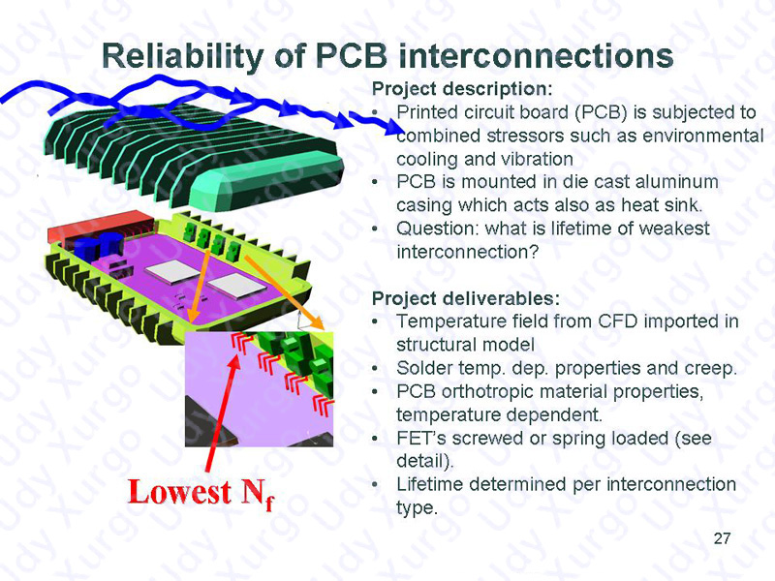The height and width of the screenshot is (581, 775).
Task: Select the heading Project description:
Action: [462, 89]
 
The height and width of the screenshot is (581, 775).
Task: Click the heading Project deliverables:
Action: [466, 298]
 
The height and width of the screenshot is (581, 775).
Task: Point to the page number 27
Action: [722, 538]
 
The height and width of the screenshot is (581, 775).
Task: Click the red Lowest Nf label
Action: [201, 494]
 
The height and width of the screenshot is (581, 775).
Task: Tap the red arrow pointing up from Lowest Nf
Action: [223, 413]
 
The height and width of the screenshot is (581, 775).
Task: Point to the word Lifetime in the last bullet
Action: [429, 485]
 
